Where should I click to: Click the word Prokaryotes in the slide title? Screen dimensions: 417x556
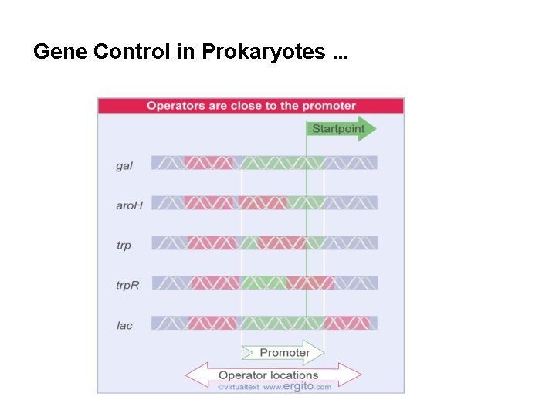[x=263, y=52]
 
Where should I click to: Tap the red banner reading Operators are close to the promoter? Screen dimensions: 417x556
[x=251, y=106]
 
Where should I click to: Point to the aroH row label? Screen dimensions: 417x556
[x=130, y=205]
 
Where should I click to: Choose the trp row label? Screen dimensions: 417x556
[x=124, y=246]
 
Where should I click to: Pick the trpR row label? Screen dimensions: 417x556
[x=127, y=286]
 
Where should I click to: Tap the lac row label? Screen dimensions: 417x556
[x=124, y=325]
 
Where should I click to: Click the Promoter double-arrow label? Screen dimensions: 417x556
[x=284, y=352]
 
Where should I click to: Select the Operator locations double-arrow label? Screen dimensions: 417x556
[x=273, y=375]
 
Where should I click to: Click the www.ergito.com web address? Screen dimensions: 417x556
[x=297, y=387]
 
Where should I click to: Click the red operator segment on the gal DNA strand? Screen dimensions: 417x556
[x=208, y=163]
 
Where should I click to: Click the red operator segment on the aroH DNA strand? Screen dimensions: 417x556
[x=236, y=203]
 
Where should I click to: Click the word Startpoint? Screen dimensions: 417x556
[x=338, y=128]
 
